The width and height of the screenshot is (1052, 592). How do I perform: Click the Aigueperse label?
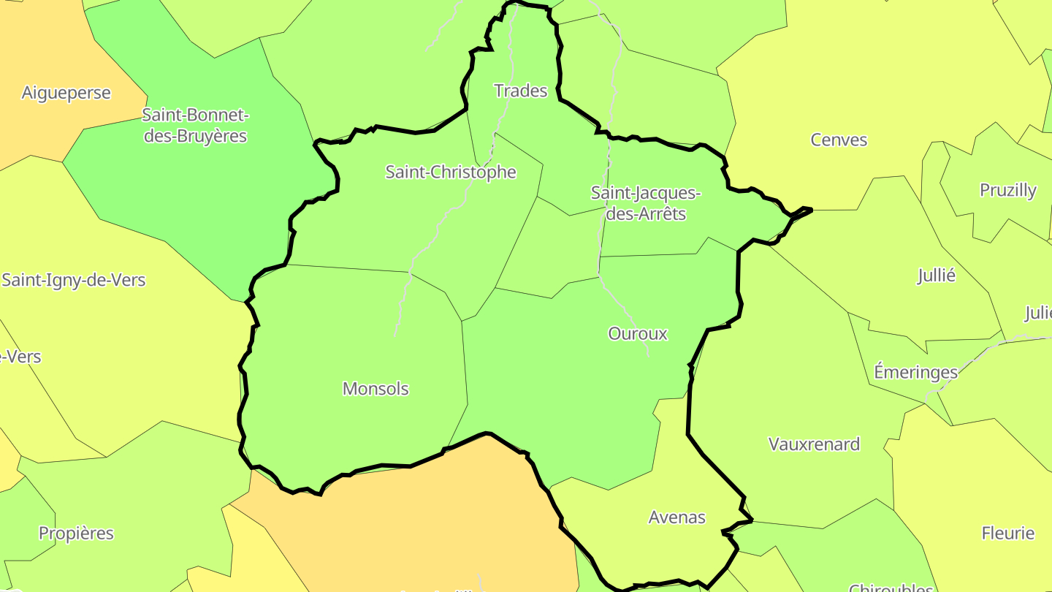[66, 93]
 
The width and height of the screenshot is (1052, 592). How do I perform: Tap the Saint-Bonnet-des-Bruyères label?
[195, 125]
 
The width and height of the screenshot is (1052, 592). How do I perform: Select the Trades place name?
[520, 91]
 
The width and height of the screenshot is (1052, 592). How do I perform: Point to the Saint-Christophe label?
[451, 172]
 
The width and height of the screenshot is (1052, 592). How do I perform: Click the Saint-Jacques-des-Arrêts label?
[645, 203]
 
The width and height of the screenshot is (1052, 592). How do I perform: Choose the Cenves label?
[839, 140]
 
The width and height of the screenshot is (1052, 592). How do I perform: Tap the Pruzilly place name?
[1007, 190]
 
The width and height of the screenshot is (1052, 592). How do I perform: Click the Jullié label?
[936, 276]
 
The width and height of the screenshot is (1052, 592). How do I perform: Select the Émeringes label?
[915, 372]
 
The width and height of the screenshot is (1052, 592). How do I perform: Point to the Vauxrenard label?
[814, 444]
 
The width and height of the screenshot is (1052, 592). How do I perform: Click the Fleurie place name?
[1008, 533]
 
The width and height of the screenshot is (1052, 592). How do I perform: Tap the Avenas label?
[676, 517]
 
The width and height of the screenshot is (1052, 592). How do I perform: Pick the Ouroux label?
[637, 333]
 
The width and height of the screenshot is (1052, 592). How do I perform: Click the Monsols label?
[376, 389]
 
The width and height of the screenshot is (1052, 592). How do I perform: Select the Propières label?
[76, 533]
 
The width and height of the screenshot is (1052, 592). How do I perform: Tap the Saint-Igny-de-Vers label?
[73, 280]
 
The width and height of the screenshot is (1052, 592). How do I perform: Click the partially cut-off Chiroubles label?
[890, 588]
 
